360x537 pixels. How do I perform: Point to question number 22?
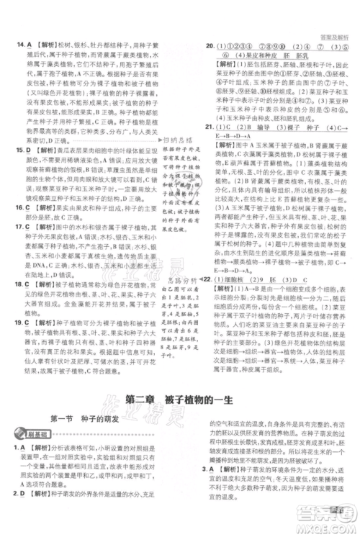(x=208, y=279)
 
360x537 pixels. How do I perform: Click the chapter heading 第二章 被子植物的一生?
(x=181, y=401)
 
